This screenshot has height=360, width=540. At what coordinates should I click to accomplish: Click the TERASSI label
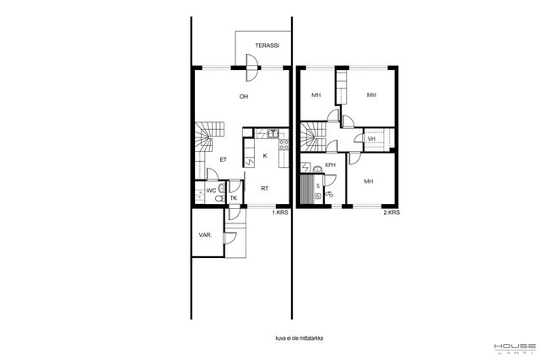[x=267, y=46]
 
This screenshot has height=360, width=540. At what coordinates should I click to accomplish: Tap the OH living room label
[x=244, y=97]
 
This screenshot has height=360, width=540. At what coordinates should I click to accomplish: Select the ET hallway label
[x=224, y=159]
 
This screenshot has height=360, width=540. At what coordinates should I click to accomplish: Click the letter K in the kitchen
[x=265, y=156]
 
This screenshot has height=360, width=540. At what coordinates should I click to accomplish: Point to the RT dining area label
[x=264, y=189]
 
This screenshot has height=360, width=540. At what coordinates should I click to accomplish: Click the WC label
[x=211, y=191]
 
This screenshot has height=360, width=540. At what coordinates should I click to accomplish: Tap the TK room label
[x=234, y=198]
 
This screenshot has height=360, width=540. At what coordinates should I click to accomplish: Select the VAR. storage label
[x=205, y=235]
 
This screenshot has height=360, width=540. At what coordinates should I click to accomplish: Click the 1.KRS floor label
[x=280, y=212]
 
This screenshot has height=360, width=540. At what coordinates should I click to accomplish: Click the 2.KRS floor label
[x=391, y=212]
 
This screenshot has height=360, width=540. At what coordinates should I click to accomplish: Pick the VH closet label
[x=371, y=139]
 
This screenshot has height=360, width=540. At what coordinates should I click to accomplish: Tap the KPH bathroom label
[x=330, y=165]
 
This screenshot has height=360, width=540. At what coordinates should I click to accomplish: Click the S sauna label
[x=318, y=186]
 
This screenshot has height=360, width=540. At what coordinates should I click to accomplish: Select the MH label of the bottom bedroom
[x=369, y=181]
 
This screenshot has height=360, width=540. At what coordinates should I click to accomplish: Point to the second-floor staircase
[x=313, y=137]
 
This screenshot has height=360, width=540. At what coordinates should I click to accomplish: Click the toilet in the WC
[x=219, y=198]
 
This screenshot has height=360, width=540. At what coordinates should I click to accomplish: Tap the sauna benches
[x=305, y=190]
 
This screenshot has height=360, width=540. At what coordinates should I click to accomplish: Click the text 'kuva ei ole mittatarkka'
[x=300, y=338]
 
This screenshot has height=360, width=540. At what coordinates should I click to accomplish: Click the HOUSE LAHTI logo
[x=515, y=348]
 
